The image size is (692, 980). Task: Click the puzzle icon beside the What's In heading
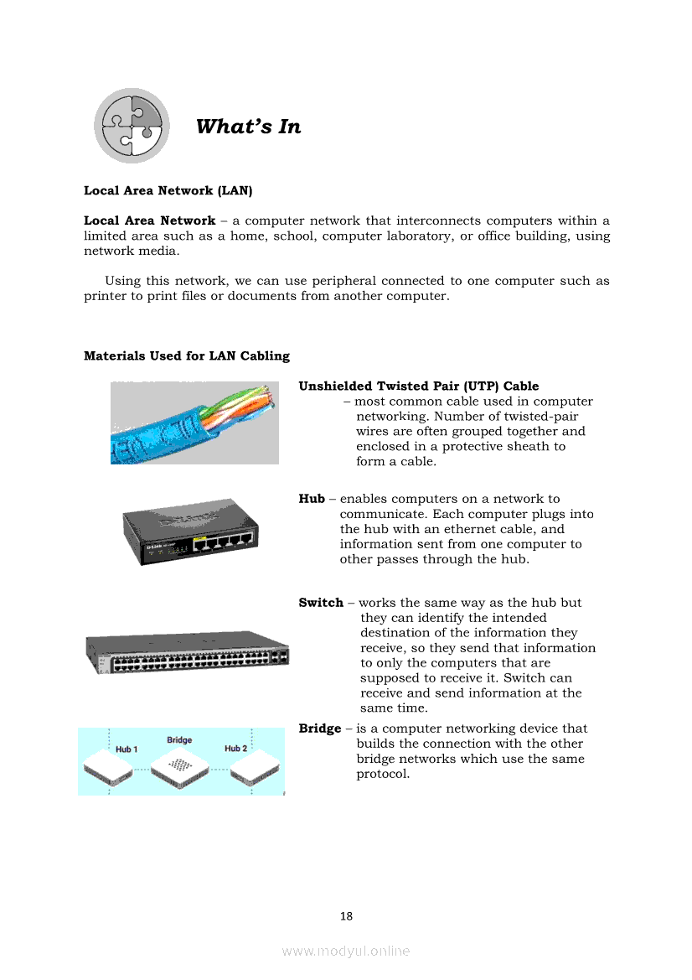(x=132, y=126)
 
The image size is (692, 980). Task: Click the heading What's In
(x=248, y=127)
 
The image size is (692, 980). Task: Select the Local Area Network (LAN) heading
(x=168, y=190)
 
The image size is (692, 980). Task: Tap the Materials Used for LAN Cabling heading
(x=187, y=355)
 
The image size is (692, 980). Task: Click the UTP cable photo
(x=194, y=423)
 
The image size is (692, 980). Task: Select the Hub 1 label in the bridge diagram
(x=127, y=749)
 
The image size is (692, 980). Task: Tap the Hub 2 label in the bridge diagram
(x=235, y=748)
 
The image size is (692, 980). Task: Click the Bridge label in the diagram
(x=179, y=740)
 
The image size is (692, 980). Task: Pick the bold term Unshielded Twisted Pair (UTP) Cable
(x=419, y=386)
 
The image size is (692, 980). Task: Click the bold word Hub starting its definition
(x=312, y=499)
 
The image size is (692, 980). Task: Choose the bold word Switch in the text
(x=321, y=603)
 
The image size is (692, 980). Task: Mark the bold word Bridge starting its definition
(x=320, y=729)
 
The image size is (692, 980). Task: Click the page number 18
(x=346, y=916)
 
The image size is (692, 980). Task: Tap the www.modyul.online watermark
(x=346, y=951)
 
